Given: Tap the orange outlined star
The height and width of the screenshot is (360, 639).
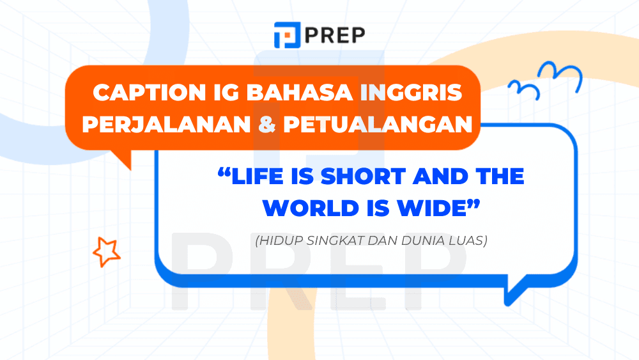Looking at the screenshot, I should click(x=106, y=251).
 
